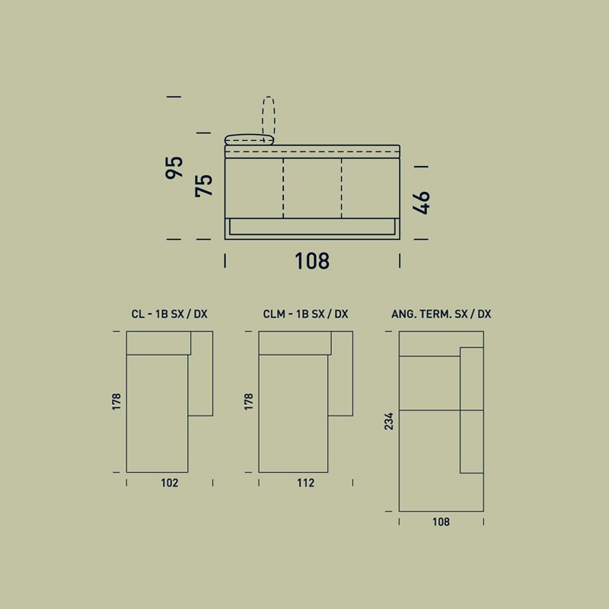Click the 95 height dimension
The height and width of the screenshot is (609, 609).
pyautogui.click(x=174, y=167)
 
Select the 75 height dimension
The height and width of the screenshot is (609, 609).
pyautogui.click(x=204, y=186)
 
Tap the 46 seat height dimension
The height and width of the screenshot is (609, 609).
pyautogui.click(x=422, y=202)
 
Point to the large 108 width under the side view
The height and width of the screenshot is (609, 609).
pyautogui.click(x=312, y=261)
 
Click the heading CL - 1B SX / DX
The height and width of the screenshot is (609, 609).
pyautogui.click(x=169, y=314)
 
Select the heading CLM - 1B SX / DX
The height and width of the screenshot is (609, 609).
pyautogui.click(x=306, y=314)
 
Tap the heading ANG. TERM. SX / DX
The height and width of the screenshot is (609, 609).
pyautogui.click(x=442, y=314)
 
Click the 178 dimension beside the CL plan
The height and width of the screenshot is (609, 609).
pyautogui.click(x=116, y=402)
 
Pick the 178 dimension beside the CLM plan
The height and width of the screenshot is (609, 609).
pyautogui.click(x=249, y=402)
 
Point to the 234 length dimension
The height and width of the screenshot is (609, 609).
pyautogui.click(x=389, y=422)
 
